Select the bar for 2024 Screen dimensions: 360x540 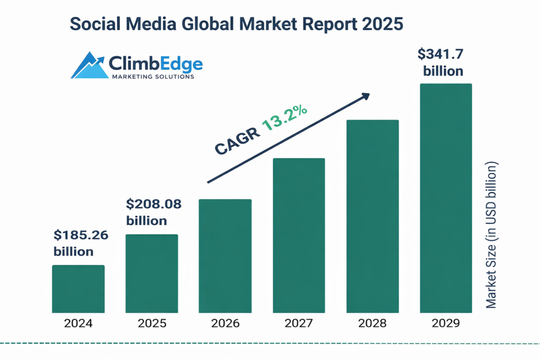78,289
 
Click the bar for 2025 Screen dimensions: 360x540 152,274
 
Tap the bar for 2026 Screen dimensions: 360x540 225,256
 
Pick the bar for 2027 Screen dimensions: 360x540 299,236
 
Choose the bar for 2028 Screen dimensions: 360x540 372,217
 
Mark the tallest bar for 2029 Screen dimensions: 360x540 446,198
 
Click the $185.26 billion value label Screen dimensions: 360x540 81,244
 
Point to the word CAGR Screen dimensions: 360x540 238,141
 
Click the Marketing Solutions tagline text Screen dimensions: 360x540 153,76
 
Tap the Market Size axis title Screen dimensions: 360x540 491,235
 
